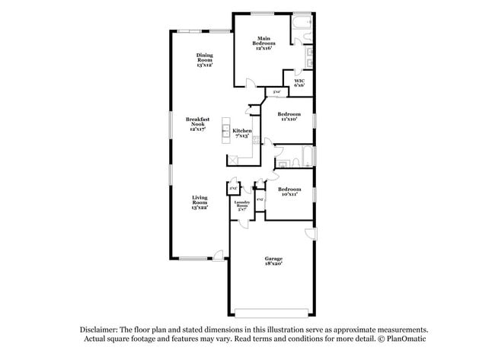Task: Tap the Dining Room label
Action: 204,60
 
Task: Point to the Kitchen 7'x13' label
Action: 241,133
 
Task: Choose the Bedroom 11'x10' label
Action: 288,116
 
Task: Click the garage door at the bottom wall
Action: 273,312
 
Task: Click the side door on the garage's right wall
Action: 309,233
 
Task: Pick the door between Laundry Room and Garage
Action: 243,221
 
